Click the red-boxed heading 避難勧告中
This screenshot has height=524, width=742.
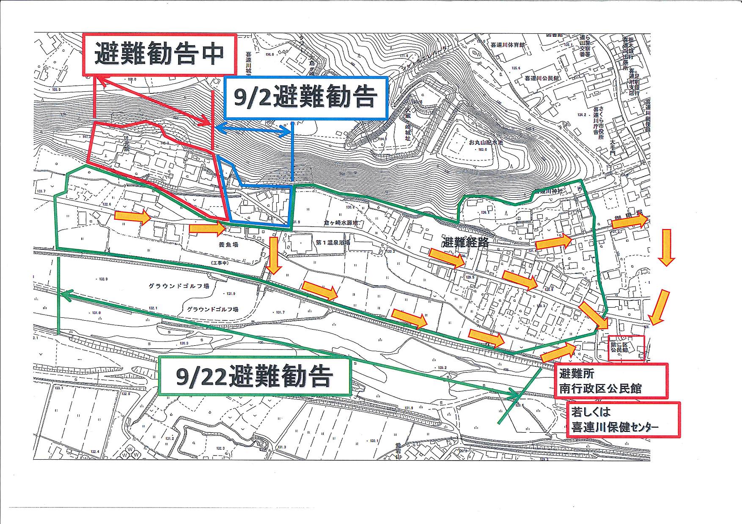(159, 55)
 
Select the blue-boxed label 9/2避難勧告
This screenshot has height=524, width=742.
(305, 98)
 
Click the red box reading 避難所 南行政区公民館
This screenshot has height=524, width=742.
(610, 381)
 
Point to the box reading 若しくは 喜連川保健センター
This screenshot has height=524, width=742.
(623, 419)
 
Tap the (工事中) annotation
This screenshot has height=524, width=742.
(220, 263)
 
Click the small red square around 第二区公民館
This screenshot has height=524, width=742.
(626, 348)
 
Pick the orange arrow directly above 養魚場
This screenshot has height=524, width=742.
(206, 229)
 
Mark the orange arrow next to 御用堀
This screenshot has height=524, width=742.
(629, 221)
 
